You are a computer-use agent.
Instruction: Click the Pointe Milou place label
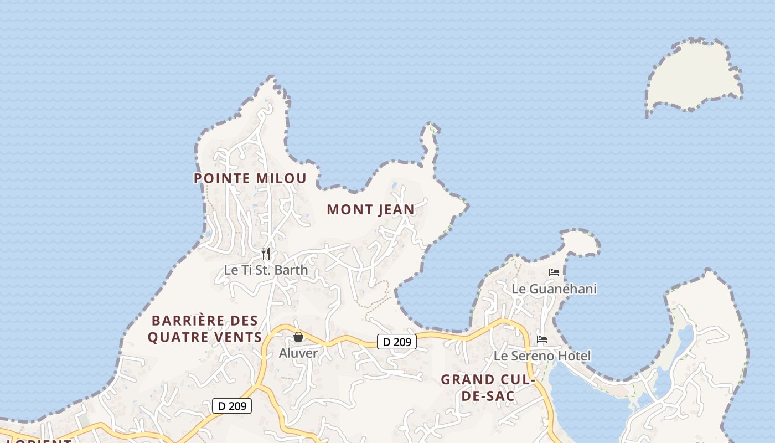tap(250, 178)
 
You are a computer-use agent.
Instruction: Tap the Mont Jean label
tap(370, 209)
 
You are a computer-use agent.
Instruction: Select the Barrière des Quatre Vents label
tap(205, 329)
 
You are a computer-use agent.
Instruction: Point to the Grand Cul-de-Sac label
tap(487, 388)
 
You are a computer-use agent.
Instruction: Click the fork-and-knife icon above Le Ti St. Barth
tap(266, 254)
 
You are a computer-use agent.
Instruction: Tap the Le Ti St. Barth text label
tap(266, 270)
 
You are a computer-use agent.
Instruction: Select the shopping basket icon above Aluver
tap(298, 337)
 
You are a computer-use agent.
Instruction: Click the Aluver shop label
tap(298, 353)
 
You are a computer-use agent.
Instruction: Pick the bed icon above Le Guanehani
tap(554, 272)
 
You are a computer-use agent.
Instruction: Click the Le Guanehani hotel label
tap(554, 289)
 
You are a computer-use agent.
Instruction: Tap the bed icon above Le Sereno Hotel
tap(542, 339)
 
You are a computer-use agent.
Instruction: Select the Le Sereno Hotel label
tap(542, 356)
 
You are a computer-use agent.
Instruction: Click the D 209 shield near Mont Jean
tap(397, 342)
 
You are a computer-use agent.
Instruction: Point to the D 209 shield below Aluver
tap(232, 406)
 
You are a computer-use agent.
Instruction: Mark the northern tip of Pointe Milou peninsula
tap(271, 80)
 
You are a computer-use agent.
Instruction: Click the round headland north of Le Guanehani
tap(581, 242)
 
